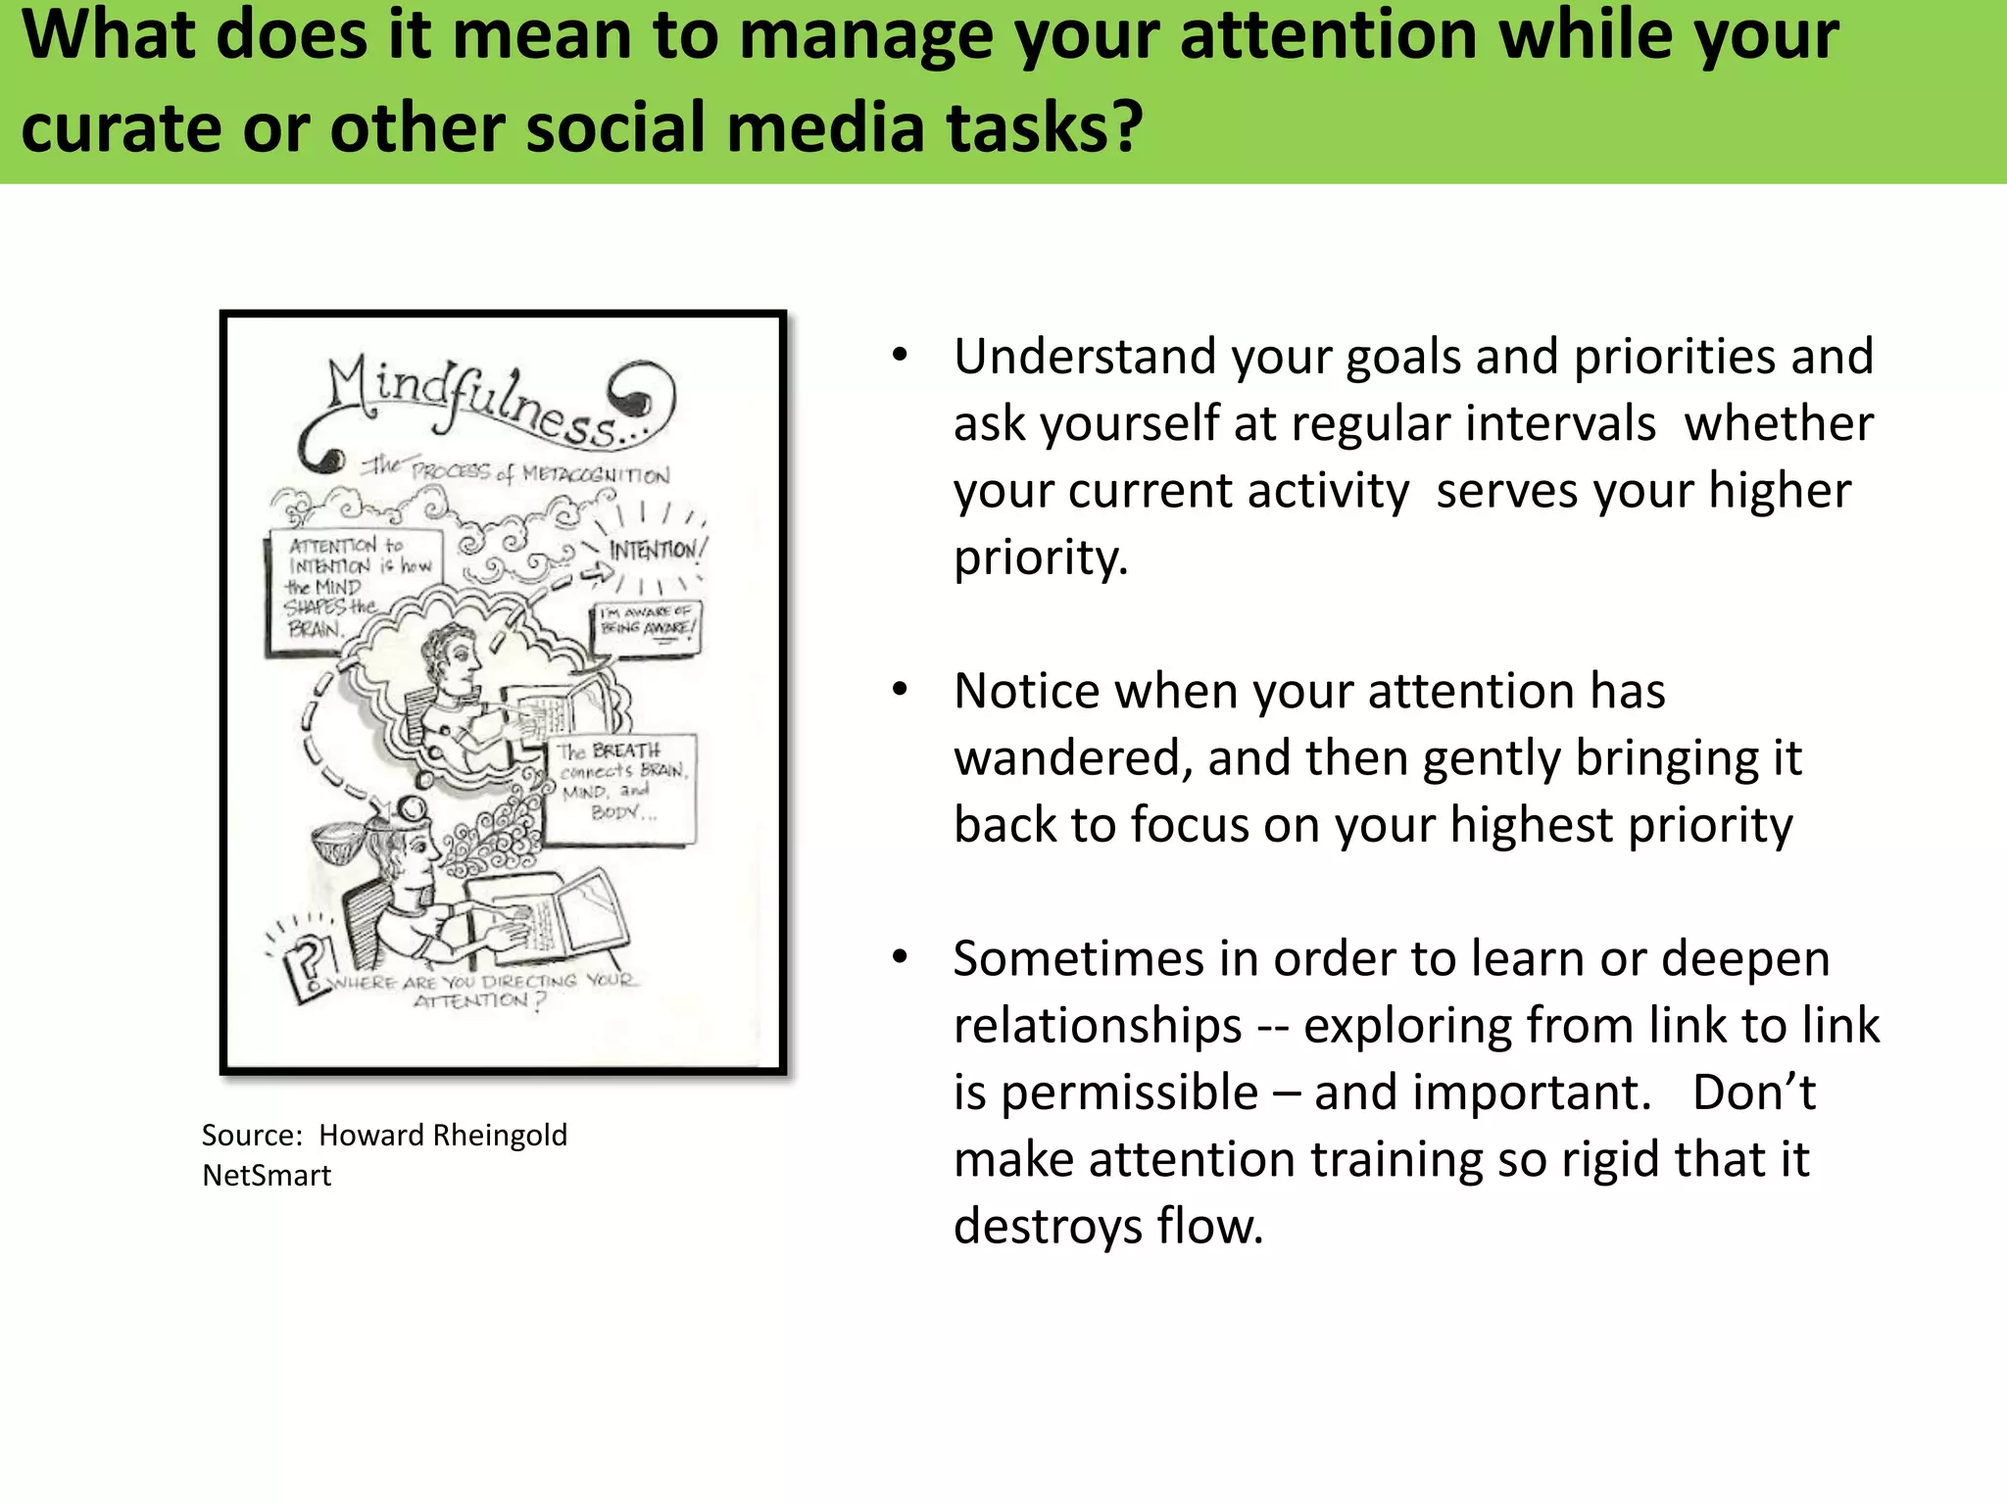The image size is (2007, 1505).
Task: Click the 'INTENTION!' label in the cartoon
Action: (654, 550)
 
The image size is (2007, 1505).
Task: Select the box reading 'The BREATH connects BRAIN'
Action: (619, 784)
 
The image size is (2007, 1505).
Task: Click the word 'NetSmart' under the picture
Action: (267, 1175)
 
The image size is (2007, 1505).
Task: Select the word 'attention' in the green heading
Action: (1328, 35)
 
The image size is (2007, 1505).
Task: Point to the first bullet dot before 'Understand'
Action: (900, 355)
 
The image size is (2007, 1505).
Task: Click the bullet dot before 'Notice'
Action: (900, 690)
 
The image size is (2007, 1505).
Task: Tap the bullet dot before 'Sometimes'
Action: (900, 957)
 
